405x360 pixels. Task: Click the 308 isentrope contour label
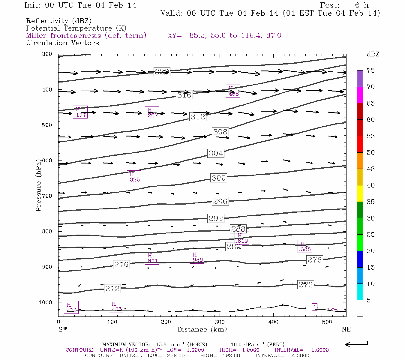point(220,132)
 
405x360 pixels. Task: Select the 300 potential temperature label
point(218,178)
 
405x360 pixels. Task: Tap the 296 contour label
point(220,201)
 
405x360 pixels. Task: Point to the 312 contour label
point(198,117)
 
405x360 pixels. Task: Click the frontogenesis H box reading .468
point(233,91)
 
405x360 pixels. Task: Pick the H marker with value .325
point(134,177)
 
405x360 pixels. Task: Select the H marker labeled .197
point(80,112)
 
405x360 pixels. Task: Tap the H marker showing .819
point(241,238)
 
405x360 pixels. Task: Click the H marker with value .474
point(71,307)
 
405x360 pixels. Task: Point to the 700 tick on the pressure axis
point(47,196)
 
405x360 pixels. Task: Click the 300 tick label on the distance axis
point(220,322)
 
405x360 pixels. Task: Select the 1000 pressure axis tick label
point(46,302)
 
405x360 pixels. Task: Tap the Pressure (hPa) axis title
point(38,185)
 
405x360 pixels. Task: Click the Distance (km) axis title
point(202,329)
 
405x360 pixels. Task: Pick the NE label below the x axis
point(346,329)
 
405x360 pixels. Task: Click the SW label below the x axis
point(63,329)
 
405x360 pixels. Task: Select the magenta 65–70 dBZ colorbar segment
point(360,95)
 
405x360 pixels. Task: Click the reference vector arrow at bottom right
point(356,344)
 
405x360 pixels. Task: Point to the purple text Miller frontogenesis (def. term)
point(86,36)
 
